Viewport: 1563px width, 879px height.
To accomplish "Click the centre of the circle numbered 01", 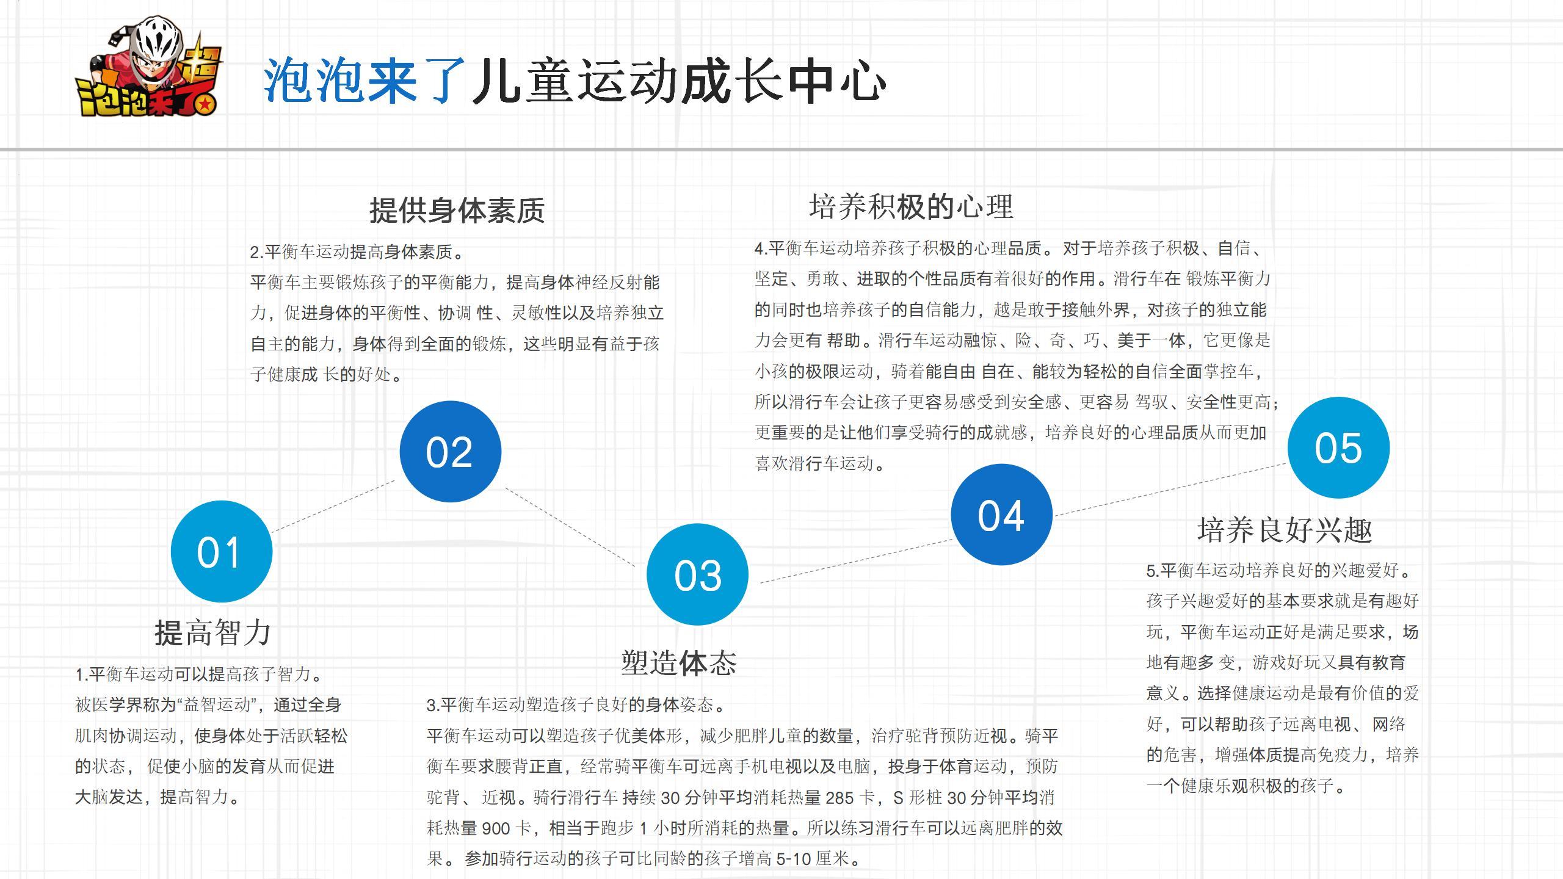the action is (222, 551).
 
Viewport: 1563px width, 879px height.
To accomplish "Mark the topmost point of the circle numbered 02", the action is (451, 400).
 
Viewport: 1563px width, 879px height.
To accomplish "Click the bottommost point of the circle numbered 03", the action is (697, 625).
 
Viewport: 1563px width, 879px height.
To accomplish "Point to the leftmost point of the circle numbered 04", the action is (951, 515).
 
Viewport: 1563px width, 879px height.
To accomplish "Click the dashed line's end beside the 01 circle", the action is (272, 532).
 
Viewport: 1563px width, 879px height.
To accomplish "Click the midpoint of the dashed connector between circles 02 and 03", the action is (570, 527).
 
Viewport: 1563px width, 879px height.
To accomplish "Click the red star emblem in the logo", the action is (206, 104).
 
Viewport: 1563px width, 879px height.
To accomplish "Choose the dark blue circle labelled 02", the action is (451, 451).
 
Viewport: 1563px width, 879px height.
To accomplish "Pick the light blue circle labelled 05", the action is (1338, 447).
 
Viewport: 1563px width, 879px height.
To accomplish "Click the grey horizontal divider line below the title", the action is (781, 149).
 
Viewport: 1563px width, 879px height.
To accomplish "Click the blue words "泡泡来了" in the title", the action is (364, 81).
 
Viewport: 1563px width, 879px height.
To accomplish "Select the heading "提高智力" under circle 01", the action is (212, 632).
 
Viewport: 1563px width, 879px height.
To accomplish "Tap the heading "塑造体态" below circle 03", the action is (679, 662).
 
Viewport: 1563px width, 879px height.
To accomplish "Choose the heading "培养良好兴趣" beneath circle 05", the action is (1285, 530).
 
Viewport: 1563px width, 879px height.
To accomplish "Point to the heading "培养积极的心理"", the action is (911, 206).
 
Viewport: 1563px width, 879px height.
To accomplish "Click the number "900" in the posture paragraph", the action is (495, 828).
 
